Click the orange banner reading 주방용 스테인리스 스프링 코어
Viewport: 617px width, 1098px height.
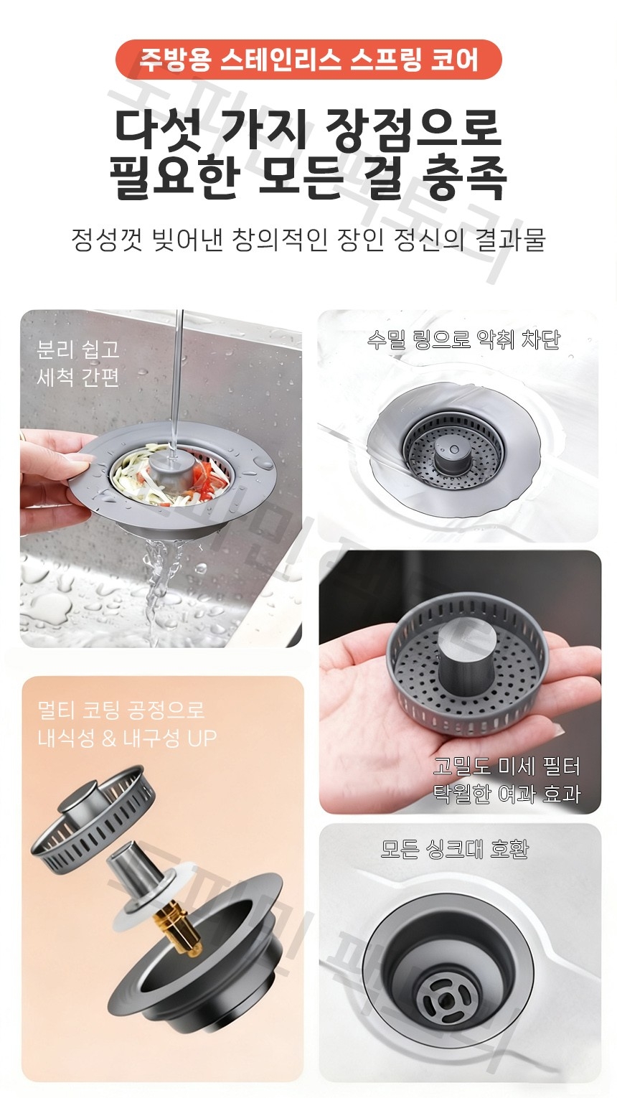[x=308, y=59]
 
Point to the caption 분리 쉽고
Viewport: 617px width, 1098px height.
[x=77, y=349]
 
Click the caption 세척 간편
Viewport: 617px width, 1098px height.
[x=77, y=377]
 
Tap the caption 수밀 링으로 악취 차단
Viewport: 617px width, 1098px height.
[x=462, y=339]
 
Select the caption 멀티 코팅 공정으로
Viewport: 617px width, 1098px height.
[x=121, y=710]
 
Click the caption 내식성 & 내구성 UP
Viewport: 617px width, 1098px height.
[x=126, y=738]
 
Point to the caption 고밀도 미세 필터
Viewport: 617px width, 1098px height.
[x=506, y=766]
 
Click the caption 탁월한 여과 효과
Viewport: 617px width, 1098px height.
[x=506, y=794]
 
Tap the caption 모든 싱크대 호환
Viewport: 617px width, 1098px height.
[x=454, y=849]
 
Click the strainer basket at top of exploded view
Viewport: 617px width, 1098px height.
[x=93, y=815]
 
